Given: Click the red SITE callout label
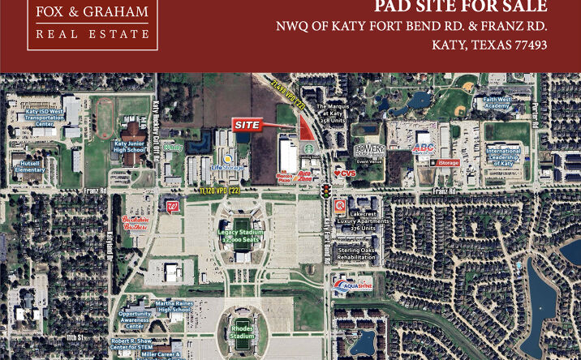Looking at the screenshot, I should [x=247, y=126].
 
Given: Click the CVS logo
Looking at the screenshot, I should [x=345, y=173].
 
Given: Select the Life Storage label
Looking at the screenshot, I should [x=227, y=167].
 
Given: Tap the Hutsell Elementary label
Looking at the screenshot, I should [x=29, y=166].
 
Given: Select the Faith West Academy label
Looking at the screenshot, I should [x=497, y=103].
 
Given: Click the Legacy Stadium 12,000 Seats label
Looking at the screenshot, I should [x=241, y=236].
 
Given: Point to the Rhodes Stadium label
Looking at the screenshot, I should [x=242, y=332].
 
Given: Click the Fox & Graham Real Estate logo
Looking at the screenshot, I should [x=93, y=22].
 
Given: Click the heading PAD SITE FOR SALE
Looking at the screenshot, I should [x=460, y=7].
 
